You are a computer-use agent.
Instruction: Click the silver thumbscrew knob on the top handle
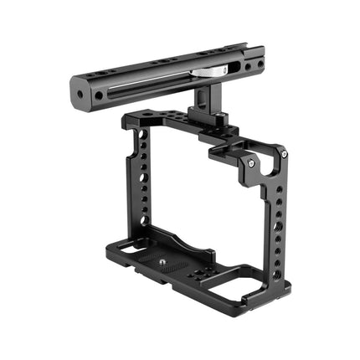point(203,73)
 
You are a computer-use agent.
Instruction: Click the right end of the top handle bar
point(258,61)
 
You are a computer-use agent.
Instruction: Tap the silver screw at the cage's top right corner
point(285,154)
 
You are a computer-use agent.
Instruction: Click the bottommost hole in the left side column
point(145,220)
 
